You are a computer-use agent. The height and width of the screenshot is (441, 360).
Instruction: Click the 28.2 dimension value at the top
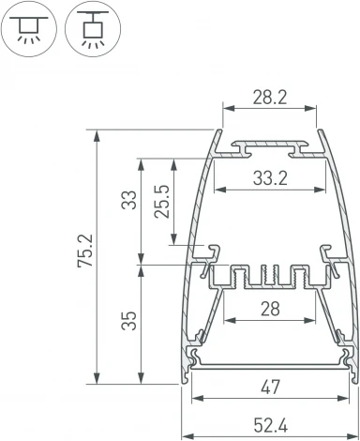(268, 97)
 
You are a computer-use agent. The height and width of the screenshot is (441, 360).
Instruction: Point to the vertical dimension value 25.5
(164, 202)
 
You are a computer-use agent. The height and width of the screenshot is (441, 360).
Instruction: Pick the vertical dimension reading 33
(128, 200)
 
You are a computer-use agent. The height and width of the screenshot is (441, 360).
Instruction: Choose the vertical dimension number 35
(128, 323)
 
